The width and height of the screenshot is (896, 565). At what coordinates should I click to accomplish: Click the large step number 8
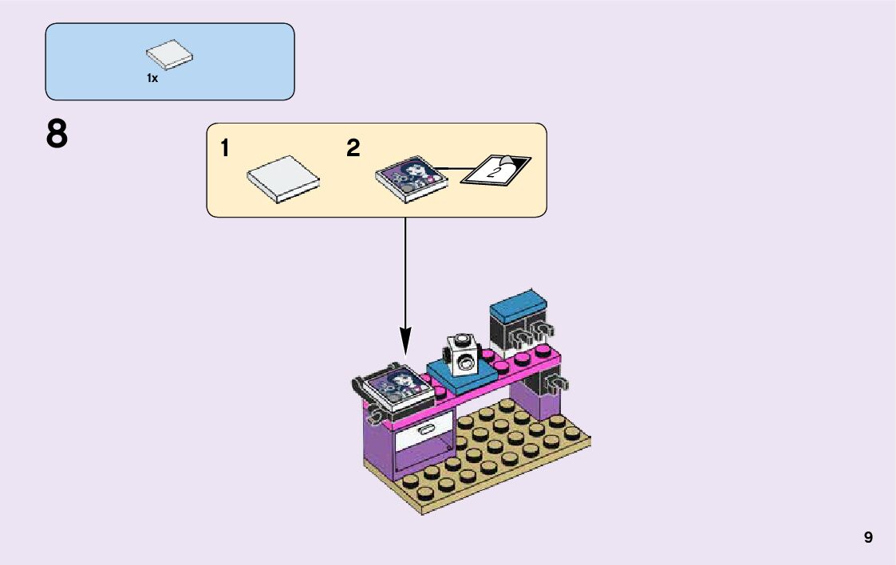pos(57,135)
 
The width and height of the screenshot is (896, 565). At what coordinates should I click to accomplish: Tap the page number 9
pos(868,538)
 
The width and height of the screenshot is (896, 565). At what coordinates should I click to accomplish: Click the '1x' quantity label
pos(152,78)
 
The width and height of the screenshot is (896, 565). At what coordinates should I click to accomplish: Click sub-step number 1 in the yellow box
pos(225,148)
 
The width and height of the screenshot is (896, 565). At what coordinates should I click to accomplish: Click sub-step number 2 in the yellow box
pos(353,148)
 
